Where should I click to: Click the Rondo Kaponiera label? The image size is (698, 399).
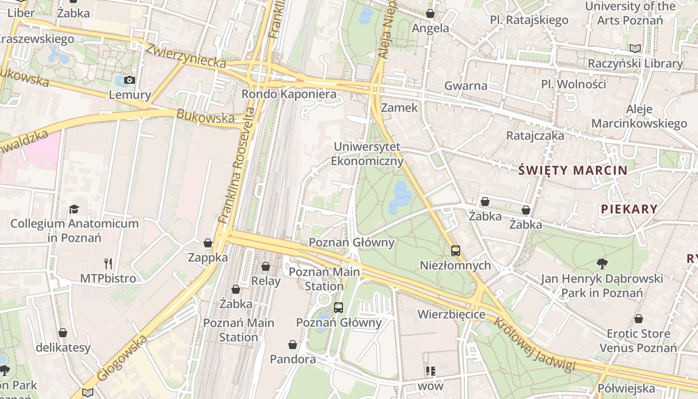click(289, 94)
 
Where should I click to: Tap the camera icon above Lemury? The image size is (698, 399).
click(129, 80)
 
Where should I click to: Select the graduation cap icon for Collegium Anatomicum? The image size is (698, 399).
click(74, 209)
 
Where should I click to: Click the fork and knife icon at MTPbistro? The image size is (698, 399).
click(108, 264)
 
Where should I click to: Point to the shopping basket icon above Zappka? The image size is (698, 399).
click(208, 243)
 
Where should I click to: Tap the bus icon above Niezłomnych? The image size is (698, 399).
click(455, 250)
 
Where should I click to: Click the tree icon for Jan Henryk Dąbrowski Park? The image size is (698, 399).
click(602, 263)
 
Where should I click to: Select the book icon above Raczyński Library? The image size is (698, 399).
click(635, 48)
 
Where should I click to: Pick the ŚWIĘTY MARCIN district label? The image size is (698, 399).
click(573, 171)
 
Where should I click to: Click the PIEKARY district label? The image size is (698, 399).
click(629, 209)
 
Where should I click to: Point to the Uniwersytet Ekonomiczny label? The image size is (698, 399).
click(367, 154)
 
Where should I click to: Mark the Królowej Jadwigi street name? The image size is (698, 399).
click(534, 344)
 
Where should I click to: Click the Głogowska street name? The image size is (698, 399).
click(123, 358)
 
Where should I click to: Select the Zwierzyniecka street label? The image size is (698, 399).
click(185, 55)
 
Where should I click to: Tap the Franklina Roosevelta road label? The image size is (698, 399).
click(237, 165)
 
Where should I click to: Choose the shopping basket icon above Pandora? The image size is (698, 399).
click(293, 345)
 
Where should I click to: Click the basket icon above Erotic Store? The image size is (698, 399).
click(638, 319)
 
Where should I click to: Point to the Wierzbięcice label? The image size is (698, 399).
click(451, 314)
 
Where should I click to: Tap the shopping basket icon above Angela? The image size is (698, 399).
click(430, 13)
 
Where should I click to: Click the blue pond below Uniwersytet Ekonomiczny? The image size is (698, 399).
click(400, 196)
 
